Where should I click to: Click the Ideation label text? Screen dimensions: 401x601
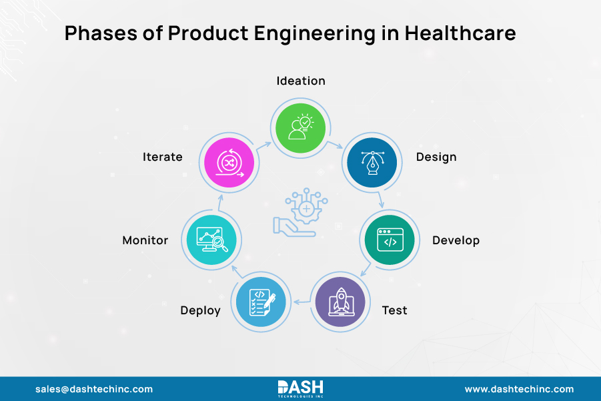(x=301, y=81)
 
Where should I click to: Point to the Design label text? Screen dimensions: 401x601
(x=436, y=157)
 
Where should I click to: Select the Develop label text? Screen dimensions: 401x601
(x=456, y=240)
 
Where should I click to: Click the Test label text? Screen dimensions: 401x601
(x=394, y=310)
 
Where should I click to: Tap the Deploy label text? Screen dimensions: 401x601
(x=200, y=311)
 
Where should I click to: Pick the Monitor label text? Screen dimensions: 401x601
(x=145, y=240)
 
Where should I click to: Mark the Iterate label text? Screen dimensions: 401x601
(x=162, y=157)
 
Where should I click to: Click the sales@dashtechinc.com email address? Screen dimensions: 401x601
(x=94, y=389)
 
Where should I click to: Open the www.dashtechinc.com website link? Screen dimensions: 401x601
(x=519, y=389)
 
